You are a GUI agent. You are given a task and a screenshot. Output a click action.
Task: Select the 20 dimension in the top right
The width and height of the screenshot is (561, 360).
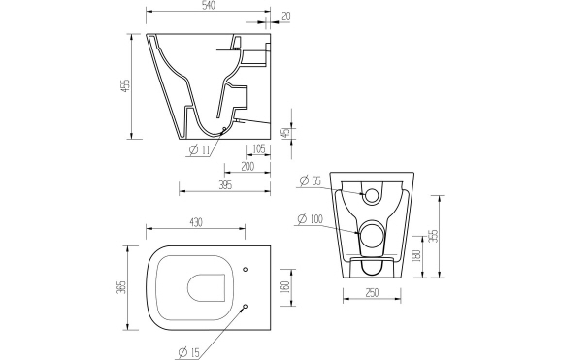point(285,16)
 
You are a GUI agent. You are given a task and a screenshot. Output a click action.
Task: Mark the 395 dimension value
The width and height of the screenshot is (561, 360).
point(224,185)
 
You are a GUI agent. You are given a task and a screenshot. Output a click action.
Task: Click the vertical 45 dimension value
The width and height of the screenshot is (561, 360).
point(284,134)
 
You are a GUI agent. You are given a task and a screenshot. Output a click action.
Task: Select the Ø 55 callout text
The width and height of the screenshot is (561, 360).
point(310,181)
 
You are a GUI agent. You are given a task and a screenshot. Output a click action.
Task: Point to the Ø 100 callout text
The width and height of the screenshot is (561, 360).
point(311,218)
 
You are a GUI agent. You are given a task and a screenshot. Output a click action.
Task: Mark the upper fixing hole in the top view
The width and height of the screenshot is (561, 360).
point(245,268)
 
